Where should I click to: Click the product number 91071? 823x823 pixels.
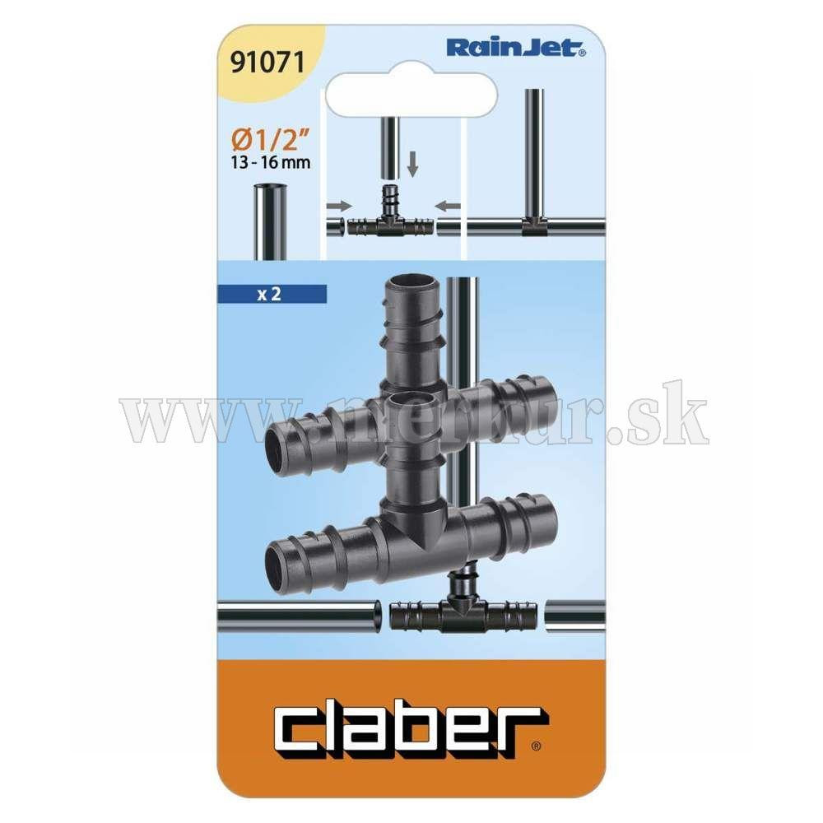[267, 63]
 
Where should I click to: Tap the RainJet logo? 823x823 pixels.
[517, 49]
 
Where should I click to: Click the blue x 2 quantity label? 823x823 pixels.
[272, 294]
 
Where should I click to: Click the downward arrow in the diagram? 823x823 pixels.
[413, 164]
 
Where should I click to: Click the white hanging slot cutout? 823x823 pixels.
[411, 94]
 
